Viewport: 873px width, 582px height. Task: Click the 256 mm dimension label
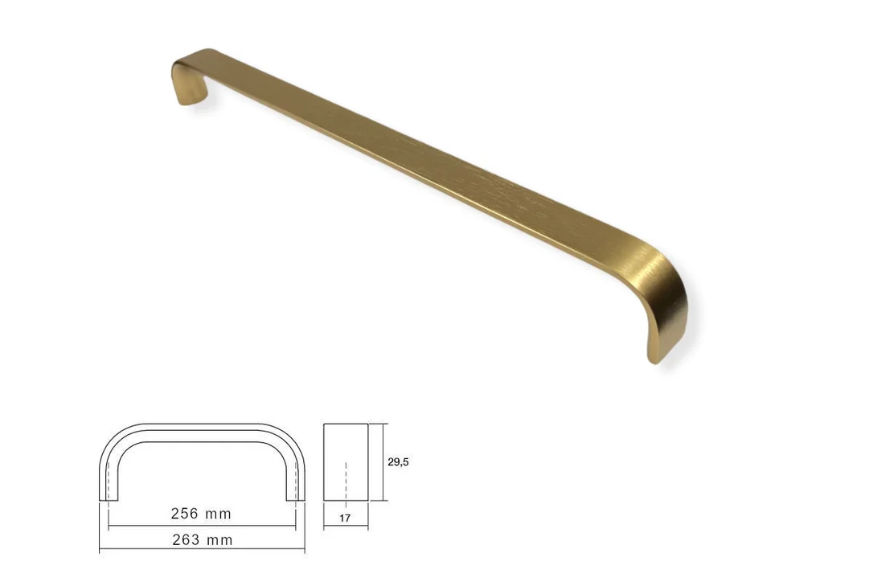pyautogui.click(x=201, y=514)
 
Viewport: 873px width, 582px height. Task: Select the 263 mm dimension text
pyautogui.click(x=202, y=539)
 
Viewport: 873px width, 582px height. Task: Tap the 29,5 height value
pyautogui.click(x=398, y=461)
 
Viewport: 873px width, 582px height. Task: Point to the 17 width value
pyautogui.click(x=345, y=518)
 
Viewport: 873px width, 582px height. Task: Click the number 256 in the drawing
pyautogui.click(x=185, y=514)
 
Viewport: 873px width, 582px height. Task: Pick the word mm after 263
pyautogui.click(x=220, y=541)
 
